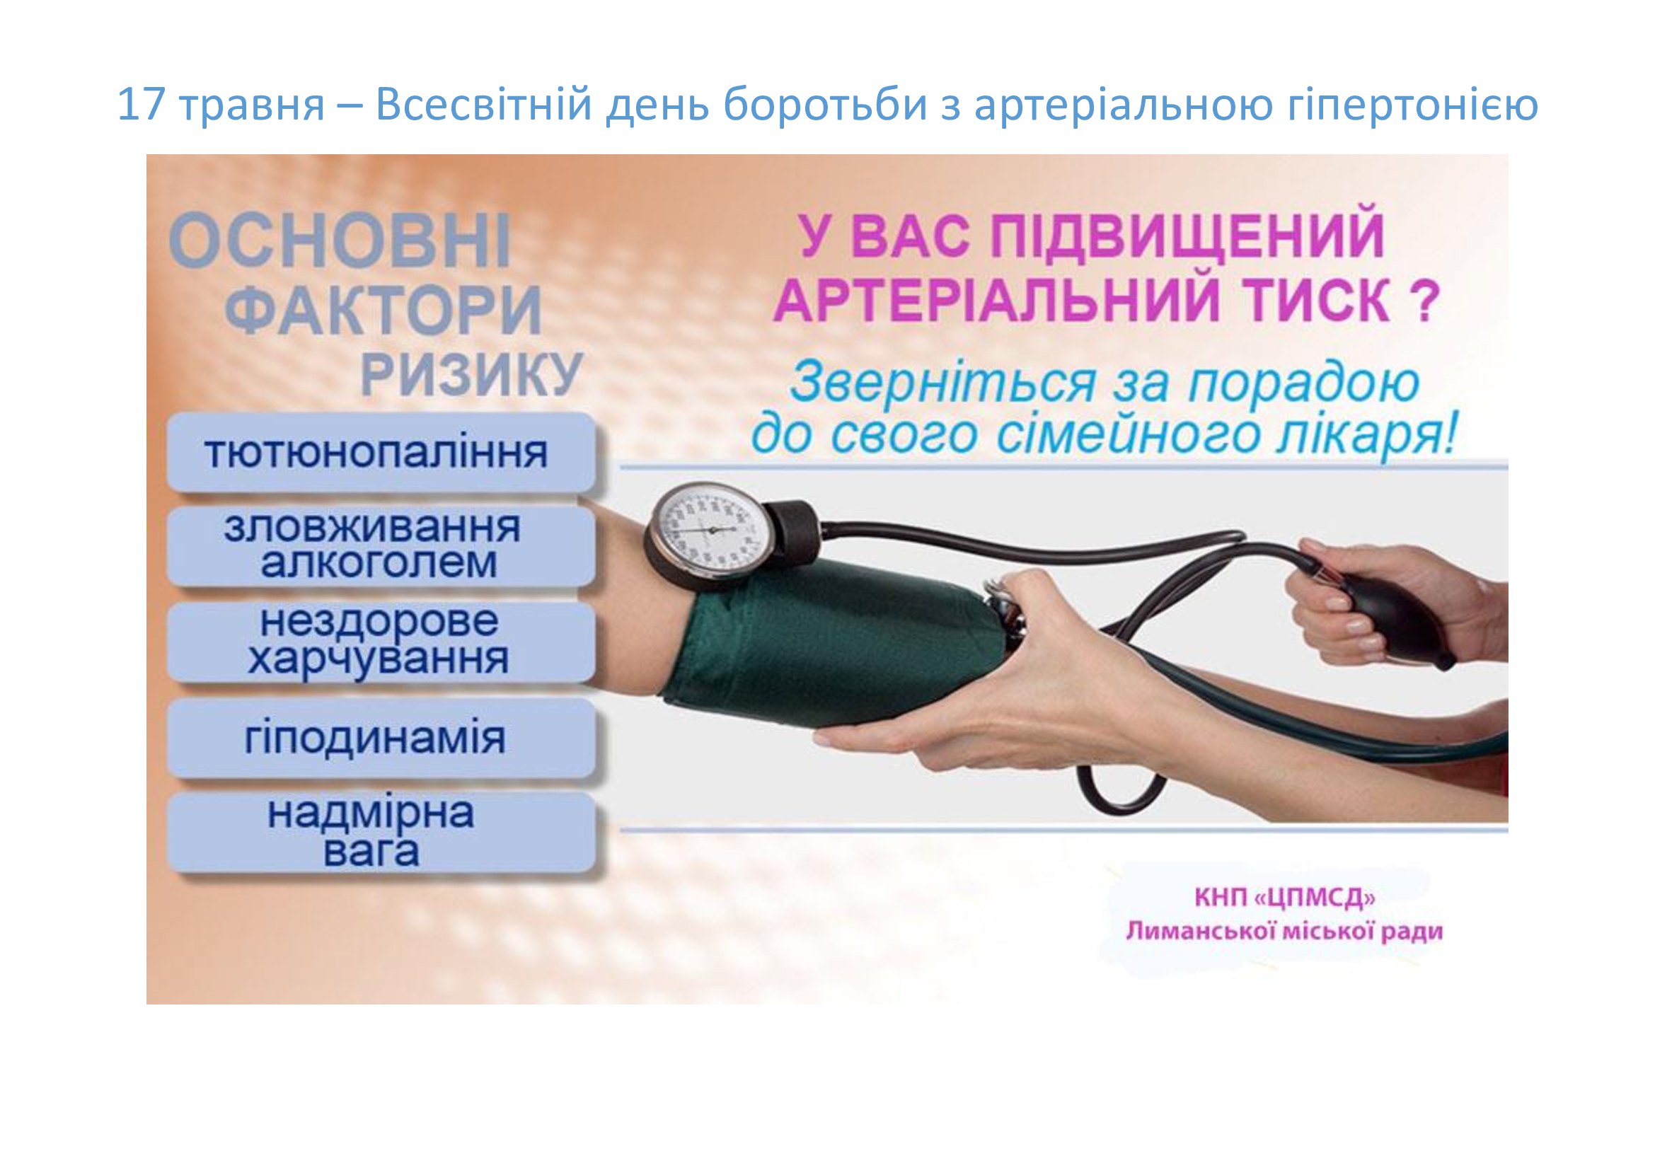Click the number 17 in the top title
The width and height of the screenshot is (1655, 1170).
[142, 104]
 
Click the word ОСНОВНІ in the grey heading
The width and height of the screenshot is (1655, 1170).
[340, 241]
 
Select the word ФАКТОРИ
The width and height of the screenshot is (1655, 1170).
[384, 310]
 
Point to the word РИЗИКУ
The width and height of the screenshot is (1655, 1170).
[471, 375]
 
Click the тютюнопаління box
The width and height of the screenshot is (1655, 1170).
[381, 453]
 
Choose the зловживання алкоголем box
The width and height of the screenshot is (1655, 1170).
[381, 546]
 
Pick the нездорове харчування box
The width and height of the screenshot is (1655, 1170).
[381, 641]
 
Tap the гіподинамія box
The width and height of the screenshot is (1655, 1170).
[381, 737]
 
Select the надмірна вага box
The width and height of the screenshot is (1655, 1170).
[381, 832]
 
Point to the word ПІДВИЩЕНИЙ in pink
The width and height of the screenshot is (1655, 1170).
[1187, 235]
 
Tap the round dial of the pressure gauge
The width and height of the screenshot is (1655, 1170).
[710, 531]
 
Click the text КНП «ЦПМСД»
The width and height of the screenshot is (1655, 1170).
[1284, 897]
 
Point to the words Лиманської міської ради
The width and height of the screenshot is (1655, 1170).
[1284, 931]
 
